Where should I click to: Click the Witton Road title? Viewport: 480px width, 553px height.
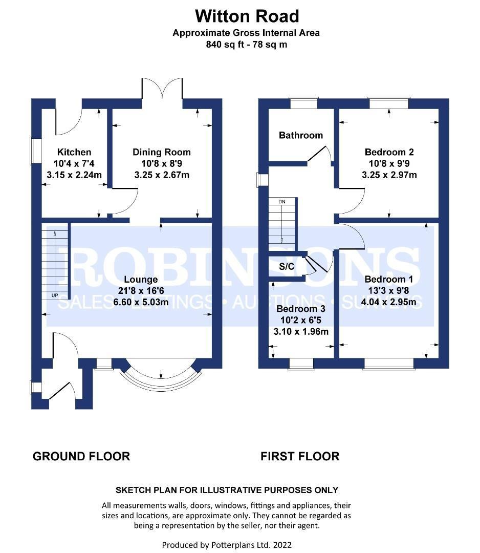(x=247, y=16)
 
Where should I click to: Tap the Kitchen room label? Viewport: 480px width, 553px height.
(x=74, y=152)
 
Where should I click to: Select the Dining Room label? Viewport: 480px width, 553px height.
(x=162, y=152)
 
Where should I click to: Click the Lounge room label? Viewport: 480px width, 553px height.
(x=141, y=280)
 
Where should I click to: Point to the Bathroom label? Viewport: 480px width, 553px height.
(x=300, y=135)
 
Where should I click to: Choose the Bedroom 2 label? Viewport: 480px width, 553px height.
(x=389, y=152)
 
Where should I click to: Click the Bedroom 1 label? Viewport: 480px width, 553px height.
(x=388, y=280)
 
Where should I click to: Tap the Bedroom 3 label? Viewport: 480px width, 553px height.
(x=300, y=309)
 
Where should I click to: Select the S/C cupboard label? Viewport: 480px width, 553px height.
(x=287, y=266)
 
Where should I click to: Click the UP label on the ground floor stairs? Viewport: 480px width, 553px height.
(x=55, y=295)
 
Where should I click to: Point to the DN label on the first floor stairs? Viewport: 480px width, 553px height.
(x=282, y=202)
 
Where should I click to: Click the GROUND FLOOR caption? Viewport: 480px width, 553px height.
(x=81, y=456)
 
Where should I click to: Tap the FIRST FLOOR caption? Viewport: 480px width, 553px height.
(x=300, y=456)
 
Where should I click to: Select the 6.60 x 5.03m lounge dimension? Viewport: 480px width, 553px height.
(x=141, y=302)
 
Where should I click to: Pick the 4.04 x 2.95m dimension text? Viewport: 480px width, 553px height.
(x=388, y=302)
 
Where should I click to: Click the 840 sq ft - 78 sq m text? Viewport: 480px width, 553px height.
(x=246, y=45)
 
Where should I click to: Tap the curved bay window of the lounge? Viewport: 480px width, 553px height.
(x=161, y=382)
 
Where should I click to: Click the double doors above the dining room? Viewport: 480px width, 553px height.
(x=162, y=88)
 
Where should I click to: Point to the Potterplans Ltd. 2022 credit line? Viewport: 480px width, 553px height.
(x=227, y=545)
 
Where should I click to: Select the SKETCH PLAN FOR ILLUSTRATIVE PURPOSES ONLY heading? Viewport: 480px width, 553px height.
(x=227, y=490)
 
